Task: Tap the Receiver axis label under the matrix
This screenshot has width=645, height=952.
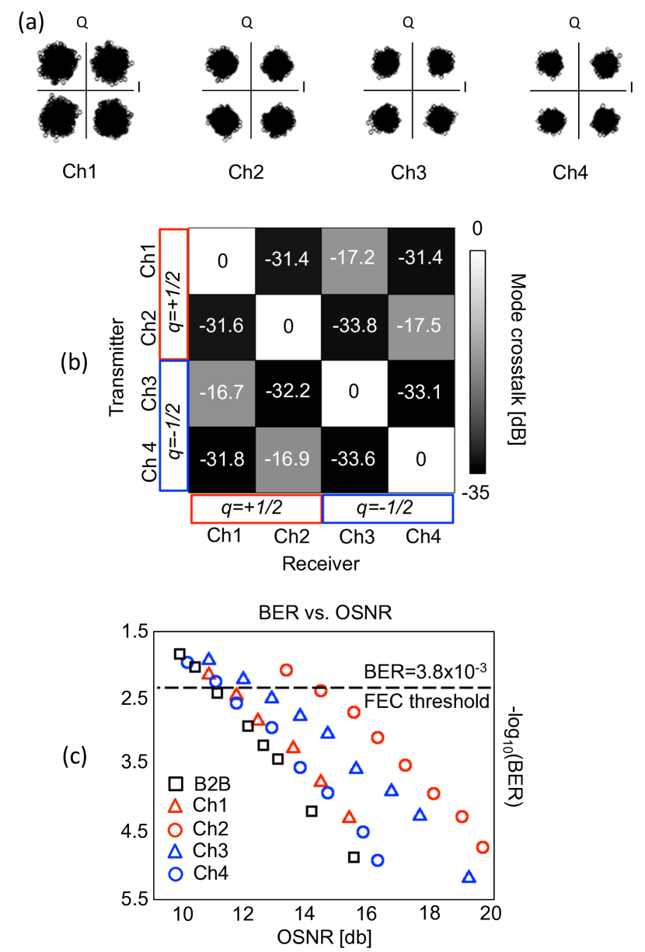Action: click(x=321, y=564)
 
